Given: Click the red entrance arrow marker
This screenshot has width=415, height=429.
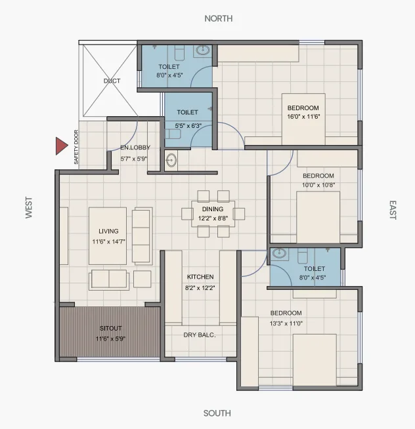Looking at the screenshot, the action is pyautogui.click(x=61, y=146).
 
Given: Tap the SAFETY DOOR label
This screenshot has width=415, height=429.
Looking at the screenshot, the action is pyautogui.click(x=76, y=147).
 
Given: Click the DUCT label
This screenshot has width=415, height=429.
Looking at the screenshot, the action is pyautogui.click(x=112, y=81).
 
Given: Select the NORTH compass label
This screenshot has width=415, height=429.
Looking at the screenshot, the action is pyautogui.click(x=219, y=18).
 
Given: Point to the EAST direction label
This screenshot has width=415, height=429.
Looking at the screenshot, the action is pyautogui.click(x=393, y=210).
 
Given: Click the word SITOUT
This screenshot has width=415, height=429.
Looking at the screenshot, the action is pyautogui.click(x=111, y=328).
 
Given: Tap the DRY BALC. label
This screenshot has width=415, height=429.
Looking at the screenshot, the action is pyautogui.click(x=200, y=335).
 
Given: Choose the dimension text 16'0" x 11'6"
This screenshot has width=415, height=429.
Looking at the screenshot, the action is pyautogui.click(x=303, y=117).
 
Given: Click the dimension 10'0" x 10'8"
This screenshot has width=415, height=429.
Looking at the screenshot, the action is pyautogui.click(x=318, y=185).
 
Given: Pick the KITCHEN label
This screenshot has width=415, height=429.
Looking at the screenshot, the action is pyautogui.click(x=200, y=277).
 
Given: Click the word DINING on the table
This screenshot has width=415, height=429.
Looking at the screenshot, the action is pyautogui.click(x=213, y=209).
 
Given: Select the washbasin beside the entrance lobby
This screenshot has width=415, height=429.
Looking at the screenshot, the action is pyautogui.click(x=171, y=160).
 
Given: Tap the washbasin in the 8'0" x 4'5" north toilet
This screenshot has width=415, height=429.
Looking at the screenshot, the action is pyautogui.click(x=203, y=51).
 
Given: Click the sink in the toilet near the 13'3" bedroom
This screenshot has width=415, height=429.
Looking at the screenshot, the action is pyautogui.click(x=279, y=254).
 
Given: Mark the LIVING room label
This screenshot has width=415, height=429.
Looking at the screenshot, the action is pyautogui.click(x=108, y=231).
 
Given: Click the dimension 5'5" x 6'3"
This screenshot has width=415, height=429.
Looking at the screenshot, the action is pyautogui.click(x=188, y=126).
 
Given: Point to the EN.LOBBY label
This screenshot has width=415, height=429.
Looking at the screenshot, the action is pyautogui.click(x=135, y=148).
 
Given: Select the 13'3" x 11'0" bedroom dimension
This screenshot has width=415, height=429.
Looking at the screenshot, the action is pyautogui.click(x=286, y=323).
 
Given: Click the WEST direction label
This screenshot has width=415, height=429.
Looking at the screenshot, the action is pyautogui.click(x=29, y=207).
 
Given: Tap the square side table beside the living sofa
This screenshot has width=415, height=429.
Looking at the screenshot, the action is pyautogui.click(x=142, y=279).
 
